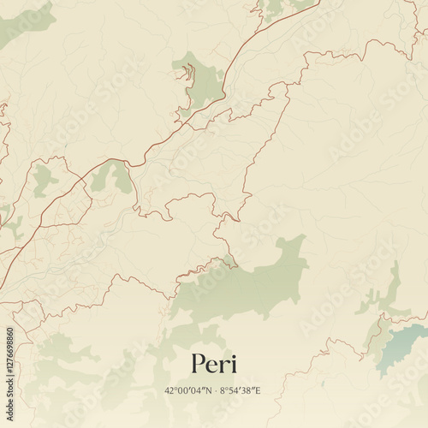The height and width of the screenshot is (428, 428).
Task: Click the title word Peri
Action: click(x=214, y=364)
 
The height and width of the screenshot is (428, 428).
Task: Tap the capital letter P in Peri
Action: click(x=199, y=364)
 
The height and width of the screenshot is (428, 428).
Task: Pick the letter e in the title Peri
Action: click(x=213, y=366)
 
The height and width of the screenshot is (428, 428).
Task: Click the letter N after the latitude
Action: click(x=209, y=390)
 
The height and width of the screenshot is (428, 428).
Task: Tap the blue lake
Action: click(x=402, y=342)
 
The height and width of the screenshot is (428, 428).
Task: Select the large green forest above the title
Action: click(x=248, y=282)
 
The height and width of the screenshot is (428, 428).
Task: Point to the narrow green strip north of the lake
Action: click(x=391, y=287)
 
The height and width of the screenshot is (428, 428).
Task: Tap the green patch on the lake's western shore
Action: click(x=377, y=334)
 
